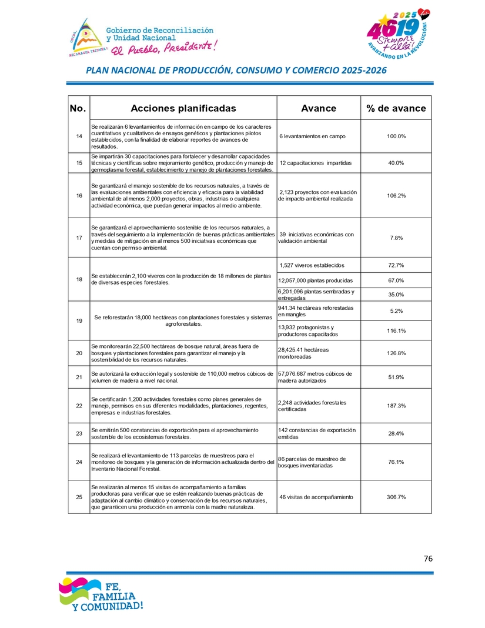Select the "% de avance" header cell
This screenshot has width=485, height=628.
(x=396, y=108)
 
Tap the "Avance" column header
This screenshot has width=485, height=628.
(x=318, y=108)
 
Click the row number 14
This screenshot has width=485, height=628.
(x=79, y=136)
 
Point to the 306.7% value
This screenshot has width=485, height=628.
(x=396, y=497)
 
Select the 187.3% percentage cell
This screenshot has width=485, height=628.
(x=396, y=406)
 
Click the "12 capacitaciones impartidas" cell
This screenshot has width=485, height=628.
(x=316, y=163)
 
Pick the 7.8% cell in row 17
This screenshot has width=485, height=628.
(x=396, y=238)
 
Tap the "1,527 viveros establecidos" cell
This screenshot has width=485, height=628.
(x=312, y=265)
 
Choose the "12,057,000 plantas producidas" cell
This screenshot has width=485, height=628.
(x=315, y=280)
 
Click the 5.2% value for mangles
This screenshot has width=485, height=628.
(x=396, y=311)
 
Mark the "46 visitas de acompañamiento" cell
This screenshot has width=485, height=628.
(x=316, y=497)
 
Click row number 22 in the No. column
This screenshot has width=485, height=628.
(x=79, y=406)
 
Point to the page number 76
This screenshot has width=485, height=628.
(x=427, y=559)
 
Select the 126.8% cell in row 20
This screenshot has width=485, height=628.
(x=396, y=353)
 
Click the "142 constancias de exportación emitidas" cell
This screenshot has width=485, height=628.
(x=317, y=433)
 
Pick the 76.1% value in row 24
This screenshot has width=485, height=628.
(x=396, y=462)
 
